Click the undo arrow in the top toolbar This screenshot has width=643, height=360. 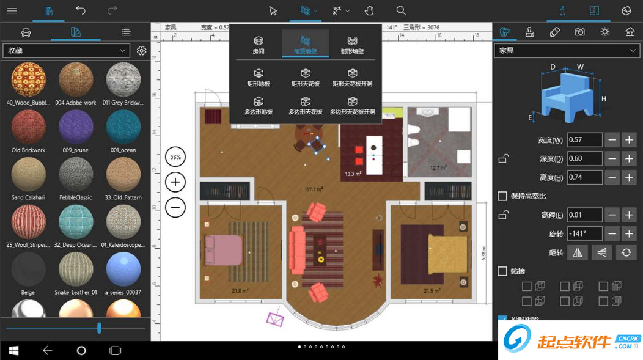pos(81,10)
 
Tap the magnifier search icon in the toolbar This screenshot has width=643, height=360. pos(401,10)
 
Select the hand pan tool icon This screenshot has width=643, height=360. pos(369,10)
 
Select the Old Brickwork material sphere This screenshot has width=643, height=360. pos(28,127)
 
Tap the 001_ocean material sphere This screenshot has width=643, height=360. pos(123,127)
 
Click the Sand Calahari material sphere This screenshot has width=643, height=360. pos(28,174)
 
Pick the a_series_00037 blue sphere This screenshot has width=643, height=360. pos(123,269)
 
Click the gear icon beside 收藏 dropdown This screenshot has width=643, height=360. pos(142,50)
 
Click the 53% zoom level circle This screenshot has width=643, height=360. pos(175,157)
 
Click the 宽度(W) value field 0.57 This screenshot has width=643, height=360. pos(584,140)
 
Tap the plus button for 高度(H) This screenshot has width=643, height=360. pos(629,177)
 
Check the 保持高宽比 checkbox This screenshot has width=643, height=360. pos(502,196)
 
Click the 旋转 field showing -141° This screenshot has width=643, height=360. pos(584,233)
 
